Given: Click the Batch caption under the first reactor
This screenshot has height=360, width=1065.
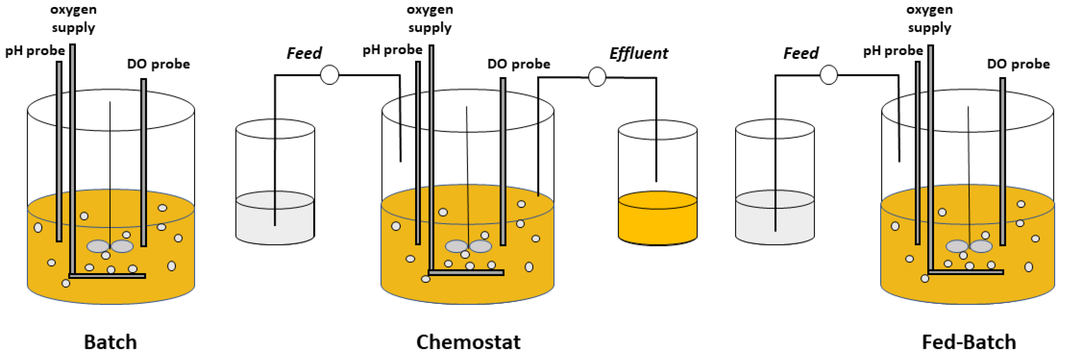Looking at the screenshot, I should tap(111, 342).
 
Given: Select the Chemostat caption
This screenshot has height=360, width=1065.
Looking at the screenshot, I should tap(468, 342).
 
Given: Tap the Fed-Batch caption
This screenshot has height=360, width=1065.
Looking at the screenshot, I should tap(969, 342).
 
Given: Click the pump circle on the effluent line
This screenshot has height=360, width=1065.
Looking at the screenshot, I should tap(597, 77).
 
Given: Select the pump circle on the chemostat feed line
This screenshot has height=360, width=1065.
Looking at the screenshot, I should tap(329, 75).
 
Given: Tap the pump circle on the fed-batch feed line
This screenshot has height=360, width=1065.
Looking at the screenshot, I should tap(829, 75).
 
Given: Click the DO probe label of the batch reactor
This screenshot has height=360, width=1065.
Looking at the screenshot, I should tap(158, 64).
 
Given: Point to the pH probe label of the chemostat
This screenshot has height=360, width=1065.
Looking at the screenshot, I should tap(392, 50).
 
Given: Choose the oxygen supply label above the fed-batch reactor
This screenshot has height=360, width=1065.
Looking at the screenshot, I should tap(929, 19).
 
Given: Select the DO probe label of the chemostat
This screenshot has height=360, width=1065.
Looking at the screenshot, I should tap(519, 64).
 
